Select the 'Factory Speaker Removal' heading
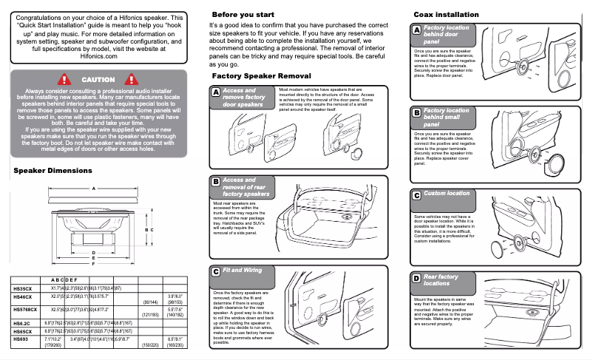click(261, 76)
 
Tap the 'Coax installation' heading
click(446, 15)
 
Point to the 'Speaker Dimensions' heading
click(52, 171)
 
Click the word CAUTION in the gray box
click(98, 79)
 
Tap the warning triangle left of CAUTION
click(64, 79)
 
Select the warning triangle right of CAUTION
click(133, 79)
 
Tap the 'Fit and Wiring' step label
click(242, 271)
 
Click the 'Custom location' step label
click(446, 194)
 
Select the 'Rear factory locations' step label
click(441, 279)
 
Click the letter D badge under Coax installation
click(416, 278)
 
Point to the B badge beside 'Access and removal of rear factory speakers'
click(215, 182)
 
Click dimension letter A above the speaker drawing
click(93, 189)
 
